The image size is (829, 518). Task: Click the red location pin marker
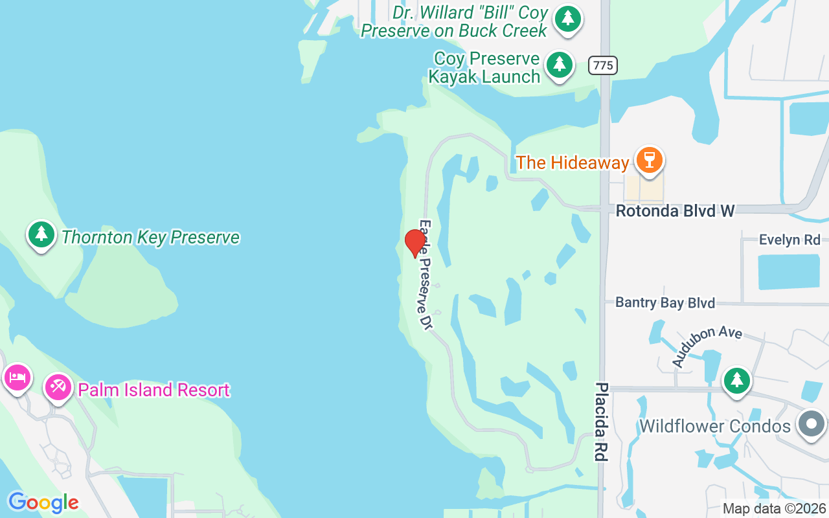(x=414, y=243)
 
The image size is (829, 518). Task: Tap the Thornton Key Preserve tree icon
(x=41, y=234)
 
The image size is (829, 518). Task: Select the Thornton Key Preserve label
(x=150, y=238)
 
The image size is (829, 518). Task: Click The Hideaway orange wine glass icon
(x=649, y=159)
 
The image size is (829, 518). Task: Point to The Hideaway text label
(x=573, y=163)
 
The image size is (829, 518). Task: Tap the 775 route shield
(x=603, y=65)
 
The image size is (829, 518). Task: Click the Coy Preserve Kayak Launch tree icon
(x=560, y=65)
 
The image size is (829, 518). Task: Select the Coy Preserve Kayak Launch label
(x=485, y=67)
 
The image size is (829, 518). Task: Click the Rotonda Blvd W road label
(x=675, y=211)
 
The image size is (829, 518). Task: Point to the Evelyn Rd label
(x=789, y=240)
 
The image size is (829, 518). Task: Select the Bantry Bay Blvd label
(x=664, y=302)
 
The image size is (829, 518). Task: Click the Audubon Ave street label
(x=706, y=346)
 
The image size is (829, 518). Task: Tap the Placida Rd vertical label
(x=602, y=422)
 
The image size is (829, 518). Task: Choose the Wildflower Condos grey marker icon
(x=811, y=425)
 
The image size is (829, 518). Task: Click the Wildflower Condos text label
(x=715, y=426)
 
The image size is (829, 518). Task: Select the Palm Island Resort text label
(x=154, y=390)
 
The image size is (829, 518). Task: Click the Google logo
(x=43, y=502)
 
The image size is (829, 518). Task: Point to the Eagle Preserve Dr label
(x=425, y=275)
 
